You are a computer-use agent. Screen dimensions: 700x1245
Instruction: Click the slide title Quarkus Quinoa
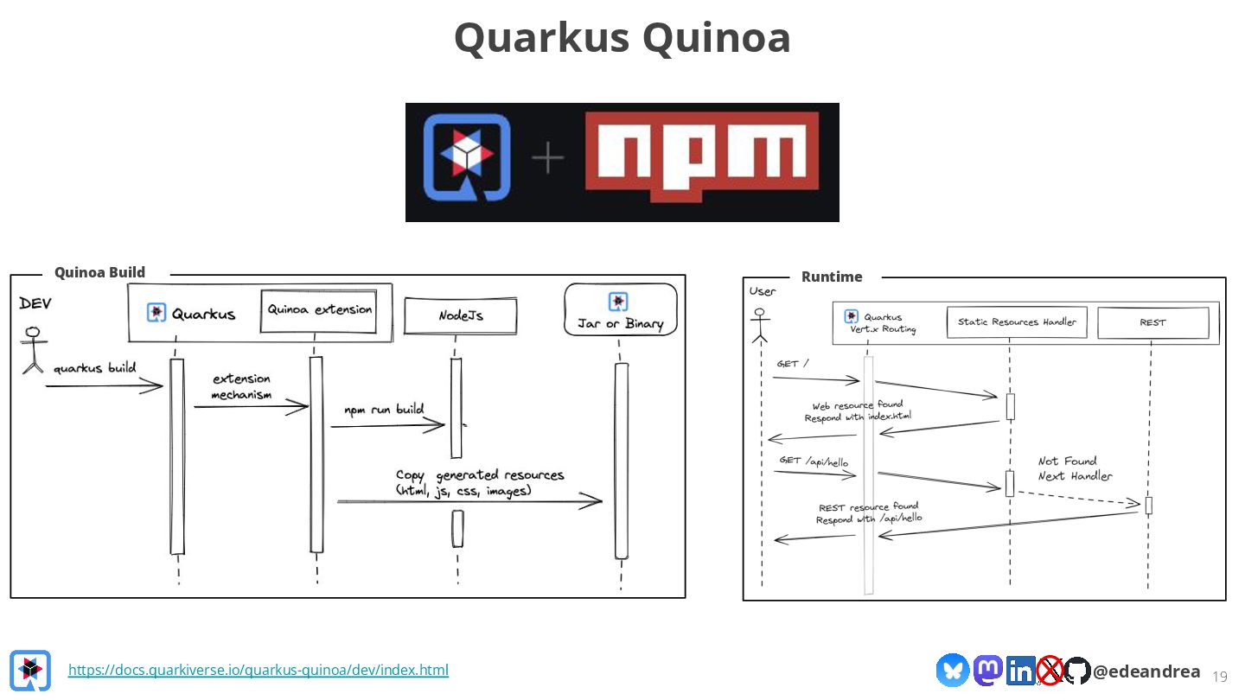tap(622, 38)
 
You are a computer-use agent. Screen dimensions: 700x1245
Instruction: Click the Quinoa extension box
tap(319, 309)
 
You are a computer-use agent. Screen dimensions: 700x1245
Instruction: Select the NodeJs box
tap(461, 316)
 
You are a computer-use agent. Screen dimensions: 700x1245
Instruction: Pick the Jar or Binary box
tap(620, 313)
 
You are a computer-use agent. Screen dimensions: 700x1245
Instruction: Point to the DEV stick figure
tap(33, 350)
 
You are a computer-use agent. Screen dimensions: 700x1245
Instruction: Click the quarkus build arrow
tap(104, 386)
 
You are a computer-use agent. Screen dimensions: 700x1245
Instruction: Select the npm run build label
tap(384, 410)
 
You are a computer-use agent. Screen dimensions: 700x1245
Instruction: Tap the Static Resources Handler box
tap(1017, 322)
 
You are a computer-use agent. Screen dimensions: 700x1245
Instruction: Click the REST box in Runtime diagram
tap(1152, 322)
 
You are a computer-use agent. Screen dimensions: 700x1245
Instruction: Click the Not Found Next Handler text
tap(1075, 468)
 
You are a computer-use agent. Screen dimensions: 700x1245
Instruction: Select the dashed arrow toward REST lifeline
tap(1078, 497)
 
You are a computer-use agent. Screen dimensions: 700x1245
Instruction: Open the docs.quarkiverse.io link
tap(258, 670)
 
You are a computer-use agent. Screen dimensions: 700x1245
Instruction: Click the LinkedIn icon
tap(1021, 671)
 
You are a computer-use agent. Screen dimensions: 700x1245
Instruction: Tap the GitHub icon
tap(1077, 671)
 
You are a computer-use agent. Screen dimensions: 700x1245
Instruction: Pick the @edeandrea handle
tap(1146, 671)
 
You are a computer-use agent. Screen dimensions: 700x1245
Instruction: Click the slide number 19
tap(1220, 676)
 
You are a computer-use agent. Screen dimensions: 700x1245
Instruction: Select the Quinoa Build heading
tap(99, 272)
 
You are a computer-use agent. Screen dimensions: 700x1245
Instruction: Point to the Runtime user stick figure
tap(760, 325)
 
